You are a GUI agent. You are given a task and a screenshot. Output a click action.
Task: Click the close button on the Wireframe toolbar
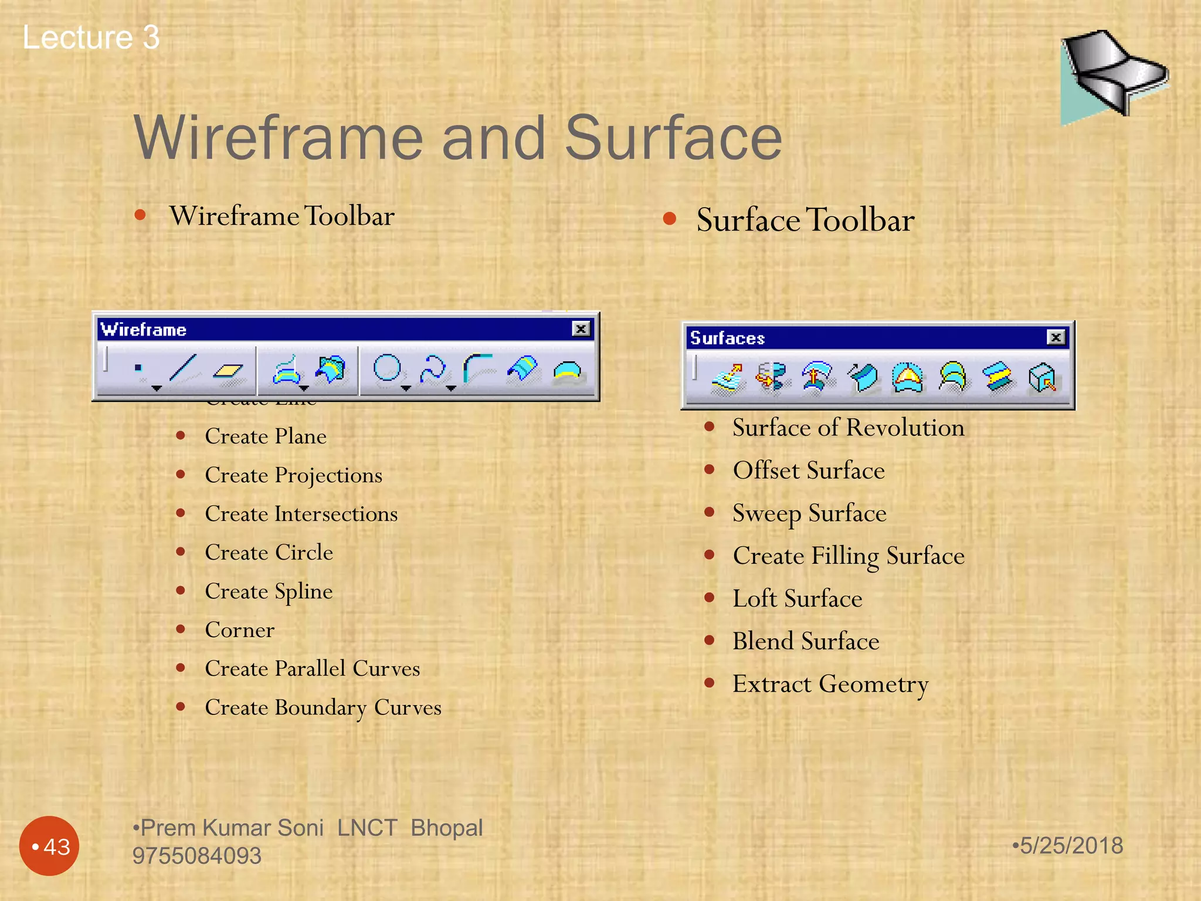(581, 329)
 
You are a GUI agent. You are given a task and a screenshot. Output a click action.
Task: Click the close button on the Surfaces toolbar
(1056, 337)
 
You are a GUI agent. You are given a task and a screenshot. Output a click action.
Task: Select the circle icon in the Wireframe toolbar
(387, 369)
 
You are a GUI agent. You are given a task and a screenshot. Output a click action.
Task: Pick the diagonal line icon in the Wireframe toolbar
(182, 368)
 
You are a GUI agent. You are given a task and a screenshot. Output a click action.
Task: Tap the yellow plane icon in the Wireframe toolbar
(228, 370)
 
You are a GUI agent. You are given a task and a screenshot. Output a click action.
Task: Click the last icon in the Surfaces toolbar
(1042, 377)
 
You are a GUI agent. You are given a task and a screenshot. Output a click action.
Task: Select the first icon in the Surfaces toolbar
(727, 377)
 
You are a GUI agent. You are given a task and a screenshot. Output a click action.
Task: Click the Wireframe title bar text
(144, 330)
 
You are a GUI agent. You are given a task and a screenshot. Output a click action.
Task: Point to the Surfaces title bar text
(728, 338)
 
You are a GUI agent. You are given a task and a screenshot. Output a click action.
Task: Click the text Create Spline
(269, 591)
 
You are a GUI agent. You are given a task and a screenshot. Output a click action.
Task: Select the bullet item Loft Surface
(797, 599)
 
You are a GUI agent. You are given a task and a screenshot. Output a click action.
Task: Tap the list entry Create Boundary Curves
(323, 707)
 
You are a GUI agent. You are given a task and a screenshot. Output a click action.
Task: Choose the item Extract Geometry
(830, 684)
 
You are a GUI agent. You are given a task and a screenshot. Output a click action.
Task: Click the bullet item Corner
(239, 630)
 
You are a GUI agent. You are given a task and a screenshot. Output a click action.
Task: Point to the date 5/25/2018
(1070, 846)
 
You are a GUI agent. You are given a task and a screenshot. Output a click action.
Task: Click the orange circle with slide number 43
(49, 846)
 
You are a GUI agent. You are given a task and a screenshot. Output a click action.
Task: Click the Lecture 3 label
(91, 38)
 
